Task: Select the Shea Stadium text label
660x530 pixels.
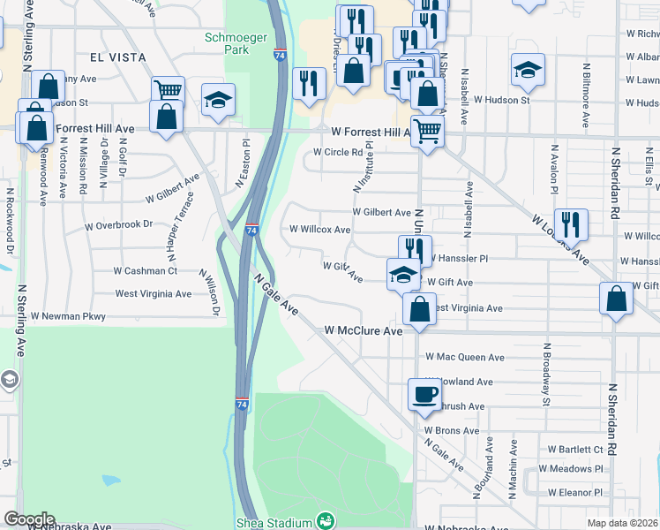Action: click(x=274, y=523)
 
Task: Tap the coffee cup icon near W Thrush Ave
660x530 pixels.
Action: click(x=424, y=393)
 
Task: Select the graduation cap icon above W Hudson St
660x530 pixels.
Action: click(x=528, y=70)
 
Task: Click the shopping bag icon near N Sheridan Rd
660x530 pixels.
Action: click(x=616, y=299)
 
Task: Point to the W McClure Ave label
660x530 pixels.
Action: click(x=364, y=330)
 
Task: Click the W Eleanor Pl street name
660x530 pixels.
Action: click(x=574, y=492)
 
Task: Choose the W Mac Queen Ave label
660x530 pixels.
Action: click(x=465, y=358)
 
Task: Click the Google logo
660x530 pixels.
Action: click(x=29, y=519)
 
